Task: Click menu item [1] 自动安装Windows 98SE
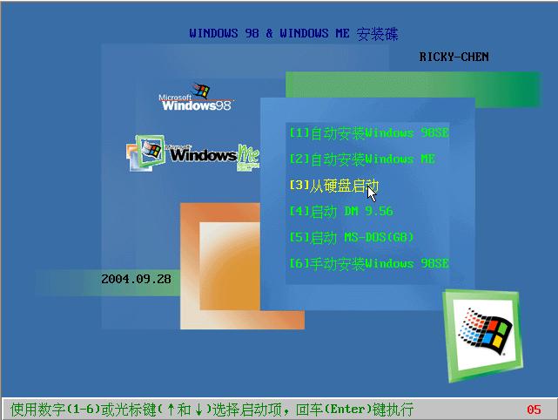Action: [369, 132]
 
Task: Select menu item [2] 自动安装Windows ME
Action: [362, 159]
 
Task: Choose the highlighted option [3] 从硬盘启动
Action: [333, 186]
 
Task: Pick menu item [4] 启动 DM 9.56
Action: [341, 211]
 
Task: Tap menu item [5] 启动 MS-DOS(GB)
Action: [352, 237]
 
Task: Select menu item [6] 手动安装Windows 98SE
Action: [369, 264]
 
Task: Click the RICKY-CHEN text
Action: [454, 57]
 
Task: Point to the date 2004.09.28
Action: [136, 279]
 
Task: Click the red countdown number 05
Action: [534, 410]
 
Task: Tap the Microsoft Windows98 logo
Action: [196, 98]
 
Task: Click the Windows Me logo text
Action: [214, 155]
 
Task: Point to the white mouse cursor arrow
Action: [371, 194]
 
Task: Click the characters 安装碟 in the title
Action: [377, 34]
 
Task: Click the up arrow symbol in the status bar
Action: [171, 410]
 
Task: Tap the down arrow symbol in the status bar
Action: [198, 410]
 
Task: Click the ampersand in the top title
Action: [269, 33]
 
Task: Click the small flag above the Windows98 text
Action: [200, 90]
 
